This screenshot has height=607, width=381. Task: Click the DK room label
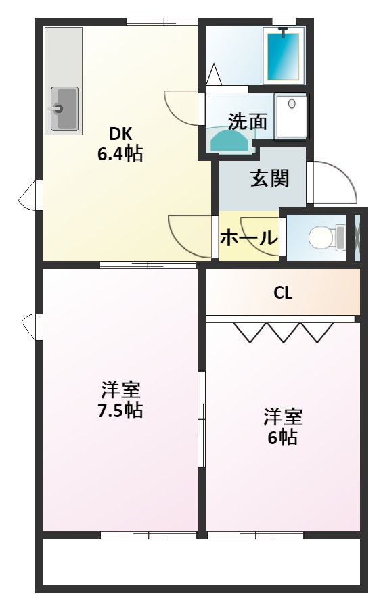click(x=120, y=134)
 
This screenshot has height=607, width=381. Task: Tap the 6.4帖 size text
click(x=120, y=153)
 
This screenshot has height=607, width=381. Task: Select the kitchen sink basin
click(x=64, y=109)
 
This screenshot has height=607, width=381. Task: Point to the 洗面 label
click(x=247, y=122)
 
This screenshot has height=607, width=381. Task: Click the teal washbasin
click(x=229, y=141)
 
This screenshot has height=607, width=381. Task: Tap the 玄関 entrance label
click(x=270, y=178)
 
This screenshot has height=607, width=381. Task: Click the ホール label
click(x=249, y=237)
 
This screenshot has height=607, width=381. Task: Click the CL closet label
click(x=283, y=293)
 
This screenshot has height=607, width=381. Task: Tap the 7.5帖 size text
click(x=120, y=410)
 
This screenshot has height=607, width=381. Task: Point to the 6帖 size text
click(x=283, y=437)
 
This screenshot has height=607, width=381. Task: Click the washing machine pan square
click(x=291, y=116)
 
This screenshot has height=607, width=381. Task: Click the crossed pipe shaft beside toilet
click(x=357, y=237)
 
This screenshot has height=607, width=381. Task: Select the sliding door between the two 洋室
click(x=201, y=419)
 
